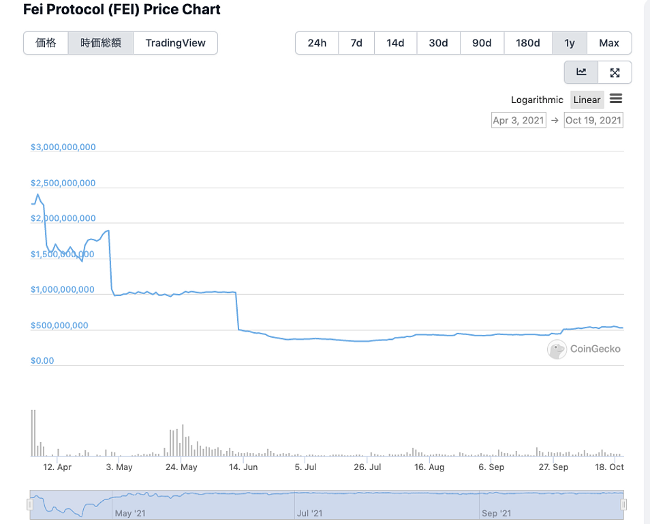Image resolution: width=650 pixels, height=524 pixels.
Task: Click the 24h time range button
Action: (317, 43)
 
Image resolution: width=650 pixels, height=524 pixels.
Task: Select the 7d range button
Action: (356, 43)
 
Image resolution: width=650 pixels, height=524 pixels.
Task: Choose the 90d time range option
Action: (482, 43)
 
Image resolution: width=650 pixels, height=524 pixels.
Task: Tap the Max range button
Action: (608, 43)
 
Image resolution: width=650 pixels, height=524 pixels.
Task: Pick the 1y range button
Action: (570, 43)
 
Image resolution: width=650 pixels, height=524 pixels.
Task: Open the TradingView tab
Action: (175, 43)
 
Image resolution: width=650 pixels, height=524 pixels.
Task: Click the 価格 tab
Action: (46, 43)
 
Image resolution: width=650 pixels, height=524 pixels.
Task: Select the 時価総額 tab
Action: (101, 43)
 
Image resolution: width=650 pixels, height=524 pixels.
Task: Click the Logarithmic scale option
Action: (537, 100)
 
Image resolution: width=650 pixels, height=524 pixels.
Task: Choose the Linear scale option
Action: (587, 100)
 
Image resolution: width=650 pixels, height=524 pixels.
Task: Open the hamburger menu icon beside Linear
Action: (616, 99)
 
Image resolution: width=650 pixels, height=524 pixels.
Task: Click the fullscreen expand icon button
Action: (615, 72)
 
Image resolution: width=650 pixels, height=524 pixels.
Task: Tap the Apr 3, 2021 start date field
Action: (519, 120)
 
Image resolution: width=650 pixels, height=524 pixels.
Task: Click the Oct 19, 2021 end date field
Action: (593, 120)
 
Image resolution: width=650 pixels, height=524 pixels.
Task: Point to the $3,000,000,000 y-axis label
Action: (63, 147)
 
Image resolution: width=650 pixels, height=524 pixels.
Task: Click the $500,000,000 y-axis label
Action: (59, 325)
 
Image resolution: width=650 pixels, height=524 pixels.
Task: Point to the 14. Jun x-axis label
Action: (243, 467)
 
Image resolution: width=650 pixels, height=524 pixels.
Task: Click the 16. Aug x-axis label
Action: (429, 467)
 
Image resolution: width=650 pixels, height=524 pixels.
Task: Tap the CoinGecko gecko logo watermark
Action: (557, 349)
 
